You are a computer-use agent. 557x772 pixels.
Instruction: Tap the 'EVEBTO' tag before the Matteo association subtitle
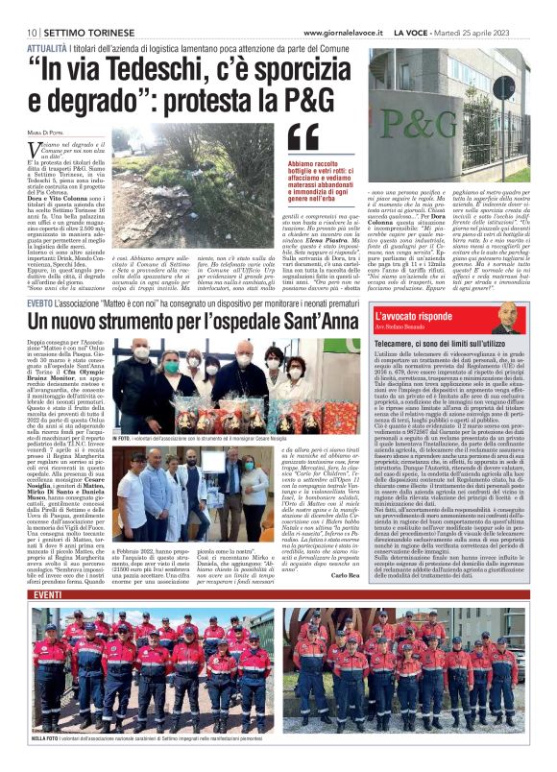pyautogui.click(x=41, y=302)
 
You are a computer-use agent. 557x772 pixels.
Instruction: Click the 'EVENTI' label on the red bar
pyautogui.click(x=48, y=595)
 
